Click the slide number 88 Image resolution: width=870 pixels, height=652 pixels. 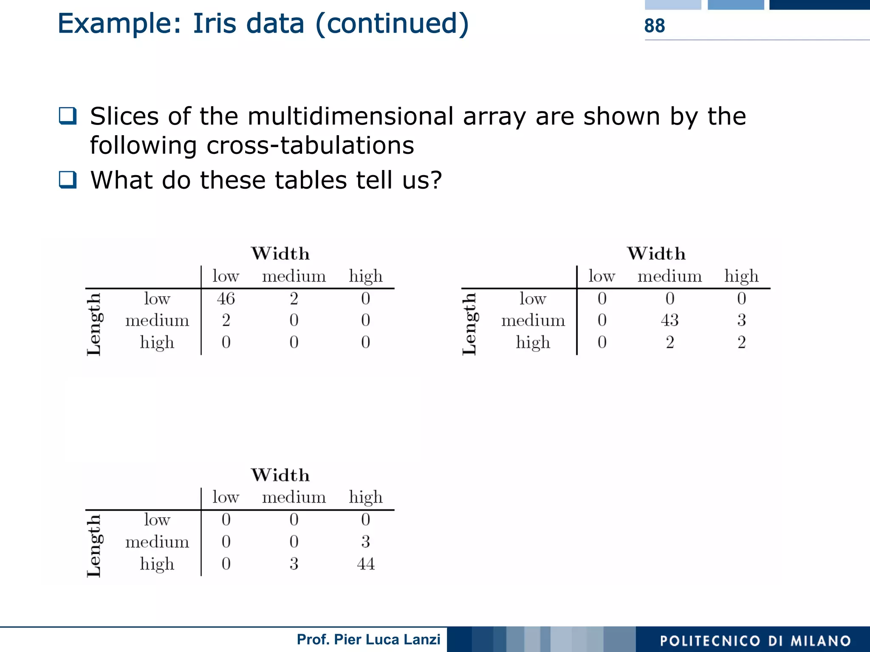pyautogui.click(x=654, y=26)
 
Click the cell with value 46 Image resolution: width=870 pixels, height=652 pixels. pyautogui.click(x=226, y=299)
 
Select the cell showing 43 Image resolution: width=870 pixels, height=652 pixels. pyautogui.click(x=669, y=320)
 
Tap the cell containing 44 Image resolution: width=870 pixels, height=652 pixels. pyautogui.click(x=365, y=564)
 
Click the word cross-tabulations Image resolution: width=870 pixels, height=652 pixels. pyautogui.click(x=310, y=146)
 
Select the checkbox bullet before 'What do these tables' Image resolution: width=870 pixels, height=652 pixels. pyautogui.click(x=68, y=179)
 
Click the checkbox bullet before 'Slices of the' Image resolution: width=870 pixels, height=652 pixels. pyautogui.click(x=68, y=116)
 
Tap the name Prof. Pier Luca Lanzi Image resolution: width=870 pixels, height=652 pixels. pyautogui.click(x=368, y=639)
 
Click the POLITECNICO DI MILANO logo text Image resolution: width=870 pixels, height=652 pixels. pyautogui.click(x=755, y=641)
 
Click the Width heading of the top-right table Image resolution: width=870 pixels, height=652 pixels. pyautogui.click(x=656, y=254)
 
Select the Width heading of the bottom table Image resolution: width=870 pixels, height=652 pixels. pyautogui.click(x=280, y=475)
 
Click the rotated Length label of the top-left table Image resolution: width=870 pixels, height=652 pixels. pyautogui.click(x=94, y=324)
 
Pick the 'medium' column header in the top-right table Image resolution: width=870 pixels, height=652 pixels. pyautogui.click(x=669, y=277)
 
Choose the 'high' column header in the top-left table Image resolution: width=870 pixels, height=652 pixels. pyautogui.click(x=365, y=277)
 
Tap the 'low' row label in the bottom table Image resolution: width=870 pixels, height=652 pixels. pyautogui.click(x=157, y=520)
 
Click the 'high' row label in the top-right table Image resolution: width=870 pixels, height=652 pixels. pyautogui.click(x=533, y=343)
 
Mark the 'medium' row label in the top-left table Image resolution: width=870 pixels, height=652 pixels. pyautogui.click(x=157, y=320)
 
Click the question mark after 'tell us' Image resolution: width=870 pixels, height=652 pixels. pyautogui.click(x=435, y=180)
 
